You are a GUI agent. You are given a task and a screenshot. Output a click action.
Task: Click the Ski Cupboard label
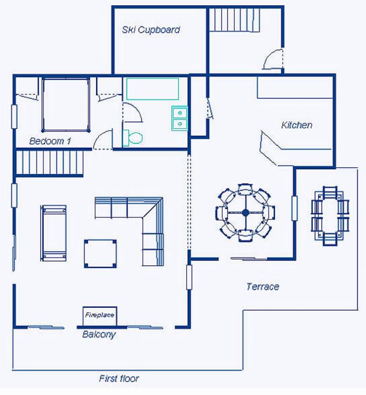coord(151,30)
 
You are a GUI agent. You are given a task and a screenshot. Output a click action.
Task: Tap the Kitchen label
coord(296,125)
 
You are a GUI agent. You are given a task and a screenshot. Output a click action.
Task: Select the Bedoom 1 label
coord(50,141)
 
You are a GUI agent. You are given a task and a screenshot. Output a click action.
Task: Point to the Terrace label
coord(262,286)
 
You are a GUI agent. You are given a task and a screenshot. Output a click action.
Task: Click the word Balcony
coord(99,334)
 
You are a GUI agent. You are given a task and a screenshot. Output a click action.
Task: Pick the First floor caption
coord(119,378)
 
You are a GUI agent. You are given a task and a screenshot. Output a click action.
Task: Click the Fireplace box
coord(100,316)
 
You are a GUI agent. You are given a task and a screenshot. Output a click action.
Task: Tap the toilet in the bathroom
coord(133,138)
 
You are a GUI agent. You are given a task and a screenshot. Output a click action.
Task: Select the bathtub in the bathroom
coord(153,89)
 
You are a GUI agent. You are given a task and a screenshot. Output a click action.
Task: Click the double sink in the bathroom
coord(179,119)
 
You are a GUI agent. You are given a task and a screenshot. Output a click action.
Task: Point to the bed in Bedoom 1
coord(66,104)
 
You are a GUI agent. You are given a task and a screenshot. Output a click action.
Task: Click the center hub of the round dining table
coord(245,213)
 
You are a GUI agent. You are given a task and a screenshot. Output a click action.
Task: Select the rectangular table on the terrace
coord(330,216)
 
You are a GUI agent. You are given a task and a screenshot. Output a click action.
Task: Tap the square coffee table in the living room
coord(100,254)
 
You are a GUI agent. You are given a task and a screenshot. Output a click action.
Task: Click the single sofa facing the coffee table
coord(53,233)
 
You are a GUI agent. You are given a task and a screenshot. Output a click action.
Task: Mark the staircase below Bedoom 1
coord(49,162)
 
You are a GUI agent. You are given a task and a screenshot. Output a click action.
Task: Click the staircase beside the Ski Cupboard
coord(235,20)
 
